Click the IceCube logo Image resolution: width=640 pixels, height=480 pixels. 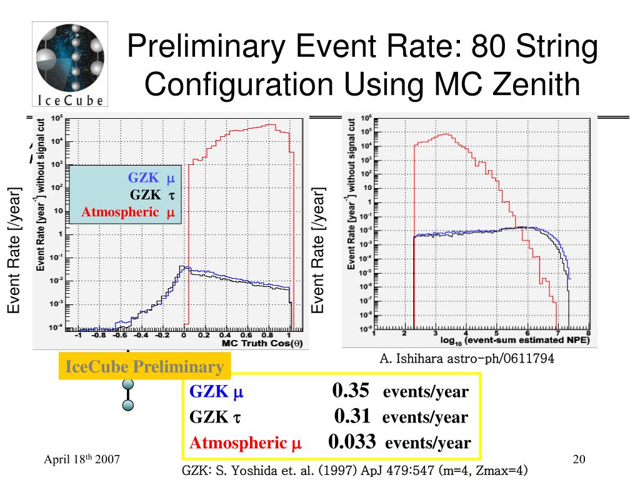click(x=70, y=64)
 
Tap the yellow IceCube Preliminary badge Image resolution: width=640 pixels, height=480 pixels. click(x=144, y=367)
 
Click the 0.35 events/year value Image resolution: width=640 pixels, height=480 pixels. click(x=351, y=391)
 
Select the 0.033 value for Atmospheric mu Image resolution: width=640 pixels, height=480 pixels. click(x=352, y=442)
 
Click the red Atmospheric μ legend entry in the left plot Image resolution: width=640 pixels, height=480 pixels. click(x=128, y=212)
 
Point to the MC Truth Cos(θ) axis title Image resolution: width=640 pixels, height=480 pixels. click(x=262, y=344)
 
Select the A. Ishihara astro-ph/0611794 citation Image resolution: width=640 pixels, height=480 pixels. click(x=467, y=359)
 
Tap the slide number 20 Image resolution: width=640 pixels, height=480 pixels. click(x=578, y=460)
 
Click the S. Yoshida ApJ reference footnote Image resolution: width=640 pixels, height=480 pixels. click(x=355, y=471)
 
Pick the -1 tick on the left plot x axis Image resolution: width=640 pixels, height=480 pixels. click(x=78, y=335)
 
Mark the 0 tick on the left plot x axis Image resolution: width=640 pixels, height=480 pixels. click(x=184, y=335)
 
